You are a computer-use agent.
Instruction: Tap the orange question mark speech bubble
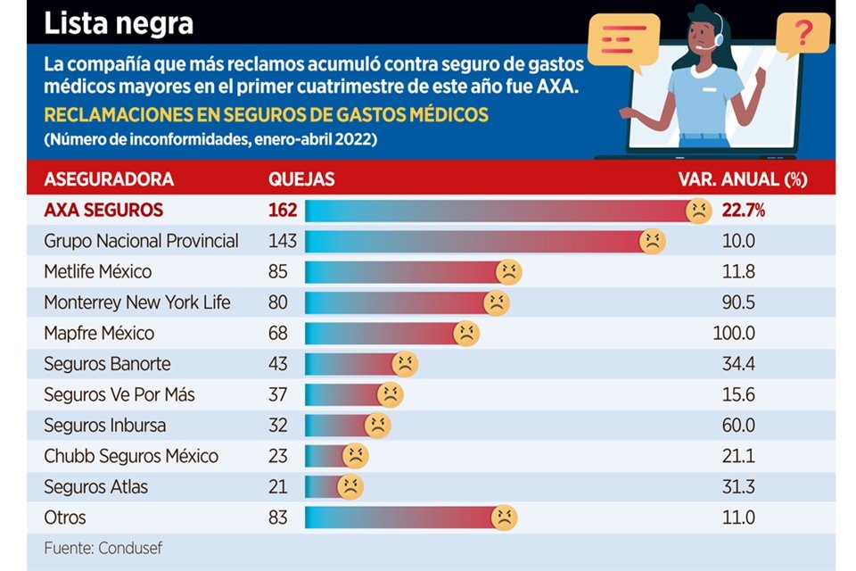802,36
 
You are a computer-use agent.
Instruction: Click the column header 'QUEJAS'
301,179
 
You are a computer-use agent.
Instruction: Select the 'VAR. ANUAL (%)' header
743,179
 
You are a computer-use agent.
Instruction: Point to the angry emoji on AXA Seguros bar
698,211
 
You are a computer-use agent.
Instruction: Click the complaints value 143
283,241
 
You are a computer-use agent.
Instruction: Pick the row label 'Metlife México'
98,271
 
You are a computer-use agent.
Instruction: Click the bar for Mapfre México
383,334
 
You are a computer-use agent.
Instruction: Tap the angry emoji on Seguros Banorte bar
405,364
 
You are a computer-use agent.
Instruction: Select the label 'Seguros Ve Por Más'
119,394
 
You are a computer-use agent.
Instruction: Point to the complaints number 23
278,456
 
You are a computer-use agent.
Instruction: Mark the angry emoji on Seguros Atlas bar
350,487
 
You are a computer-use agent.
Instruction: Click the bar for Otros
401,517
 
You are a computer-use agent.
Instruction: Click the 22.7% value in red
744,211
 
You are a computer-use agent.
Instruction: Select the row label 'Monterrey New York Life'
137,302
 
